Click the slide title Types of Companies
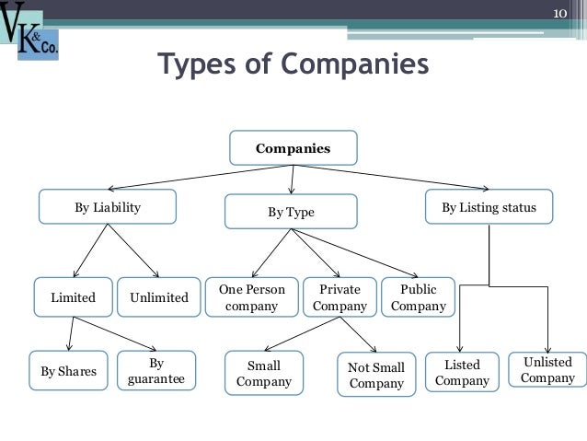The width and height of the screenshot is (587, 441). click(293, 66)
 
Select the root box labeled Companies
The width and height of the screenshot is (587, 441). click(293, 147)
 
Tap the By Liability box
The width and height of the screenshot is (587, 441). click(108, 208)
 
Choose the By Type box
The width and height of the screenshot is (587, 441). click(291, 213)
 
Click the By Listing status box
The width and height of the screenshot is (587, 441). click(488, 208)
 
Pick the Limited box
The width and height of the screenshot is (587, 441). click(73, 297)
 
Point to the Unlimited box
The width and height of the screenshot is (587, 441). click(159, 297)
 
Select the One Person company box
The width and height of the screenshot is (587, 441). click(252, 297)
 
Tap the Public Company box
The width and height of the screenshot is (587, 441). click(418, 297)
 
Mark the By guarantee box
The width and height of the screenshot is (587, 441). click(155, 371)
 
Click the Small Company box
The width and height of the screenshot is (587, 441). click(264, 374)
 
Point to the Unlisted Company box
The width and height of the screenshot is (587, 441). click(547, 370)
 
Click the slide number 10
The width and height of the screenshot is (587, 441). click(562, 13)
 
